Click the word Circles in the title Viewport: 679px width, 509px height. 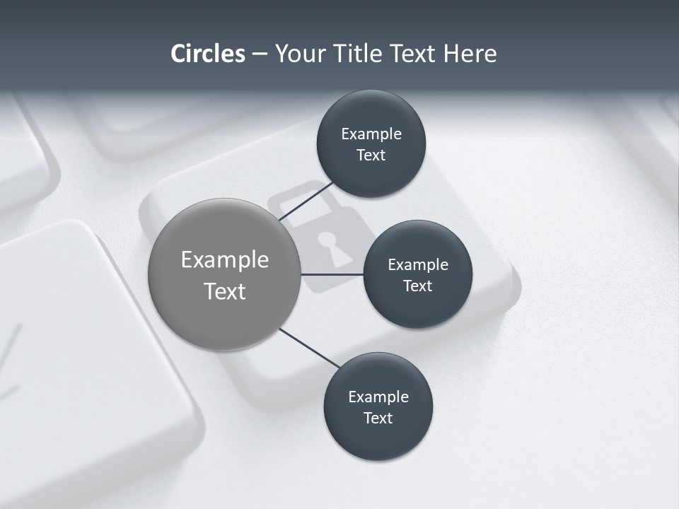point(207,53)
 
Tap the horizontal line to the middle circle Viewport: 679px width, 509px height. point(332,274)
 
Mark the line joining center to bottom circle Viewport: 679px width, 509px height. point(310,349)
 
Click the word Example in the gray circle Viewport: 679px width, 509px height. point(224,259)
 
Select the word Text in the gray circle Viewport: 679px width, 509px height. point(224,291)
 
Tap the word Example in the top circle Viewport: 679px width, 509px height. point(371,134)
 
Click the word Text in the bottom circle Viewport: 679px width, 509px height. point(378,418)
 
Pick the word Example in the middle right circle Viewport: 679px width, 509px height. point(418,264)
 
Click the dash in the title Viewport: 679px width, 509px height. point(260,54)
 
